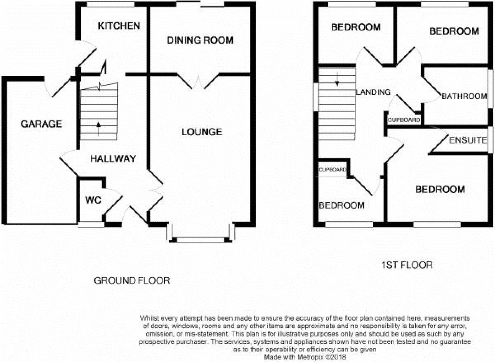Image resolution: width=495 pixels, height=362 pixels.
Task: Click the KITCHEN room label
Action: coord(119,26)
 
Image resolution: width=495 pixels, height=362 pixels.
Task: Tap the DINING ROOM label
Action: coord(200,40)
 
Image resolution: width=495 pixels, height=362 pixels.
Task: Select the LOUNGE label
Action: coord(202,132)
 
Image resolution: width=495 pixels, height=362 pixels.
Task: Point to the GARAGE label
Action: coord(41,124)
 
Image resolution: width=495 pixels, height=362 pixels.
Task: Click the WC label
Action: coord(93,200)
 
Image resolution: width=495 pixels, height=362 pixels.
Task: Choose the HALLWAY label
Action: coord(113,159)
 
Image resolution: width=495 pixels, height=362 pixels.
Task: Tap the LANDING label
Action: coord(373,92)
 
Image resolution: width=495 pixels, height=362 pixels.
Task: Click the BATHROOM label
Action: coord(464,96)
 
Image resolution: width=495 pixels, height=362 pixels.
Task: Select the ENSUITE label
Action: coord(468,140)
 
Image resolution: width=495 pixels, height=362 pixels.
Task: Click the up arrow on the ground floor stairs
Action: coord(99,129)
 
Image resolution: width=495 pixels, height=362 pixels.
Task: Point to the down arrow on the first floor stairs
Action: coord(337,79)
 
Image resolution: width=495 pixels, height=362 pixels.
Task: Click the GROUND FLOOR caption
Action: coord(132,280)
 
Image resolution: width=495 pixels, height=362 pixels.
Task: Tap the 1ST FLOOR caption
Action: coord(407,265)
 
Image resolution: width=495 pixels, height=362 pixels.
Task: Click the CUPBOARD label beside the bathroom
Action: coord(404,120)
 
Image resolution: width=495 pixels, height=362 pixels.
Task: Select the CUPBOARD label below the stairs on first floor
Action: coord(333,170)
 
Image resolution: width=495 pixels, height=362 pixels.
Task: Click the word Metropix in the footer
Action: coord(312,357)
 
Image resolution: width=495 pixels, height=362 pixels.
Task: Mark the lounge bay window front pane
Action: coord(200,240)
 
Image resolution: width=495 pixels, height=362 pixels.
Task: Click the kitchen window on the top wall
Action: coord(111,4)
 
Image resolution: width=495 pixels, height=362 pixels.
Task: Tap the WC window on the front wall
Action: coord(91,224)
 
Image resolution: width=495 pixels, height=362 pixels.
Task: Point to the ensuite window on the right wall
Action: coord(491,140)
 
